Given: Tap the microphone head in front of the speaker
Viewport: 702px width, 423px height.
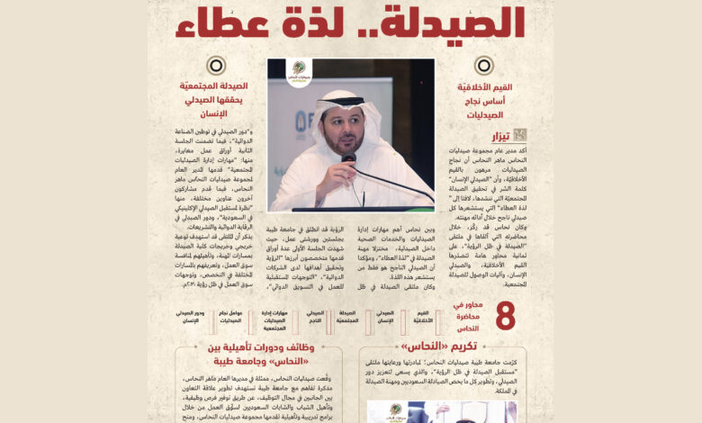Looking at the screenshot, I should (x=348, y=158).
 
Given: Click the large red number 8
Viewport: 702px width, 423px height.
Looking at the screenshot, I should (x=506, y=318).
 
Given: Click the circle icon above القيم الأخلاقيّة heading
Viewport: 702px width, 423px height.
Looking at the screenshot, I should (x=483, y=65).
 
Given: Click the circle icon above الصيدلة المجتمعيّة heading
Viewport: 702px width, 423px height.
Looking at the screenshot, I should (x=216, y=65).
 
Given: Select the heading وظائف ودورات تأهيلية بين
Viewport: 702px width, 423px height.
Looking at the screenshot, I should (x=257, y=347).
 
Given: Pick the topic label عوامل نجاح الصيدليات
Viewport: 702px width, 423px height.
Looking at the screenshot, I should (x=231, y=318).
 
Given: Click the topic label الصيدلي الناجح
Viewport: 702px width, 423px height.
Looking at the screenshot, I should (x=315, y=318).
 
